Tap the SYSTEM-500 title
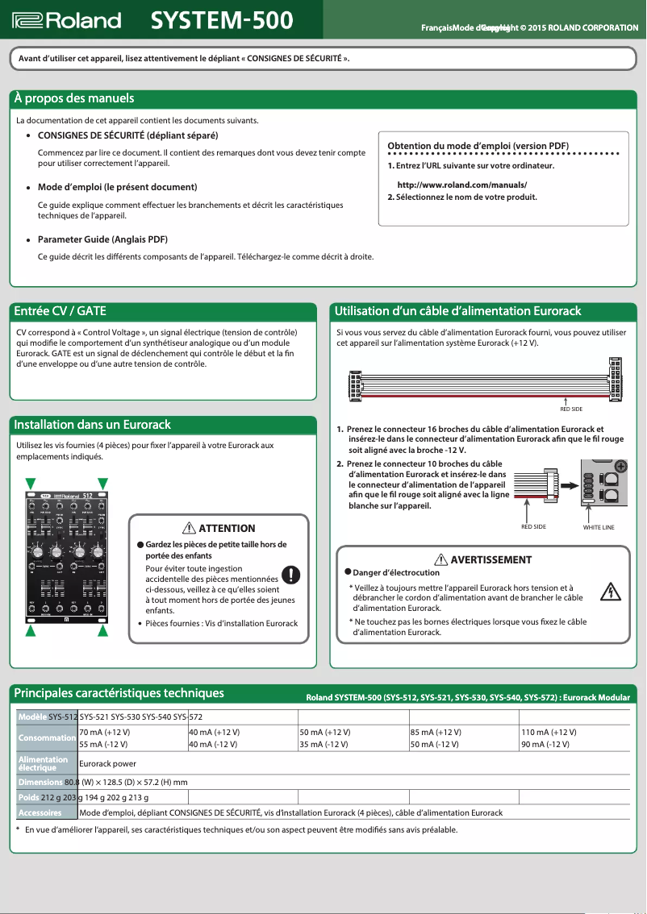pos(222,20)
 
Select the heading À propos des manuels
pos(73,98)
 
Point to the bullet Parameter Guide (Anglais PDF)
pos(102,239)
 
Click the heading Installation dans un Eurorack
pos(93,424)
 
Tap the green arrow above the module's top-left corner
pos(31,483)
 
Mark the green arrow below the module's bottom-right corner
pos(103,632)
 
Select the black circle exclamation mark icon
pos(290,575)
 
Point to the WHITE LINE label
pos(599,526)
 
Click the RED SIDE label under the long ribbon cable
pos(570,409)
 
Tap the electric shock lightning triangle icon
pos(612,592)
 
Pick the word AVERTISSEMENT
pos(490,559)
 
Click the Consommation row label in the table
pos(47,737)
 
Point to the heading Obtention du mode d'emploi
pos(478,145)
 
